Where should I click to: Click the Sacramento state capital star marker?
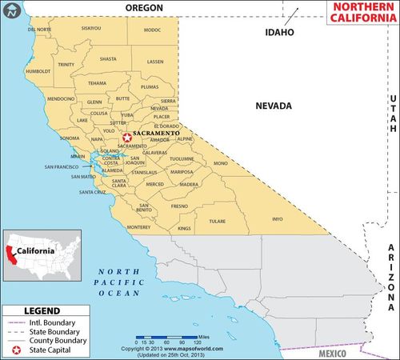tap(126, 137)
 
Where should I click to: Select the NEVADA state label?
tap(274, 106)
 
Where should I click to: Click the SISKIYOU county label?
tap(91, 28)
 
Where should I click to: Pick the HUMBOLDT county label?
tap(38, 71)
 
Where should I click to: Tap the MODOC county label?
tap(152, 30)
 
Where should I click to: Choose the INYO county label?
tap(278, 218)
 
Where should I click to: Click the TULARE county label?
tap(217, 221)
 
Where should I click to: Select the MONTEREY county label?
tap(138, 226)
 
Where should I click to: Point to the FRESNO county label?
tap(179, 206)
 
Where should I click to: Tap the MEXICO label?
tap(328, 353)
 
